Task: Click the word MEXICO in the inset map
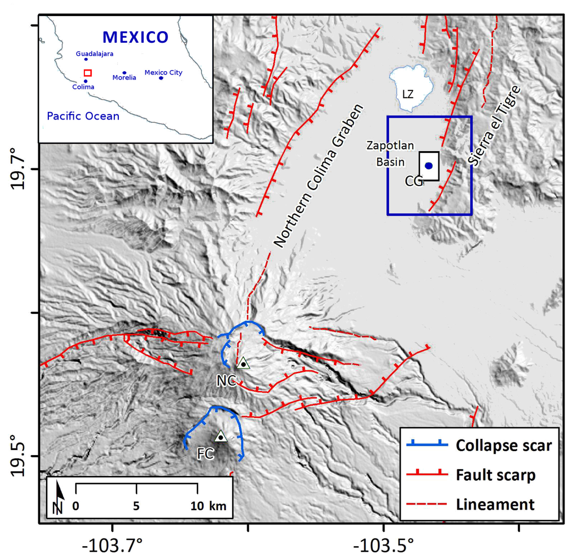pyautogui.click(x=135, y=37)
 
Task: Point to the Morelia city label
pyautogui.click(x=124, y=78)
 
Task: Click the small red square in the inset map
pyautogui.click(x=87, y=73)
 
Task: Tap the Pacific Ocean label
pyautogui.click(x=83, y=116)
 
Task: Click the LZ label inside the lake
pyautogui.click(x=408, y=94)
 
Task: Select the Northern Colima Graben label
pyautogui.click(x=318, y=176)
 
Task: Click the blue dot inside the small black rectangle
pyautogui.click(x=428, y=166)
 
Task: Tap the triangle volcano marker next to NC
pyautogui.click(x=243, y=363)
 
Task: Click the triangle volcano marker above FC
pyautogui.click(x=221, y=436)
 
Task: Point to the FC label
pyautogui.click(x=206, y=454)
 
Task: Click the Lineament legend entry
pyautogui.click(x=495, y=504)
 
